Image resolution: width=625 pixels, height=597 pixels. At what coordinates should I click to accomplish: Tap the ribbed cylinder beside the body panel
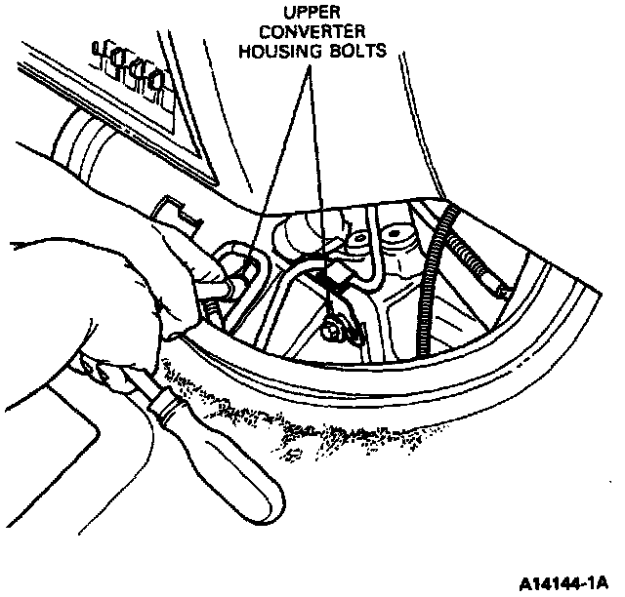(93, 141)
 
